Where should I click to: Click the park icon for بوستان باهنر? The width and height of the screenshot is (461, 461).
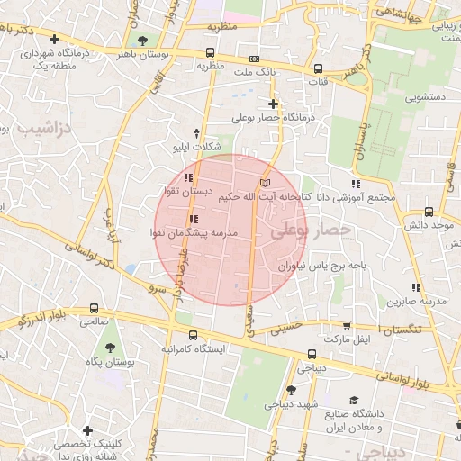[143, 40]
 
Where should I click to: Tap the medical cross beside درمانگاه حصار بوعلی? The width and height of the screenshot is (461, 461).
[273, 104]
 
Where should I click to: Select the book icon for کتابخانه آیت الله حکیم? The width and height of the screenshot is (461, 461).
[264, 183]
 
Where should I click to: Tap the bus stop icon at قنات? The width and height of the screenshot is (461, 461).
[318, 68]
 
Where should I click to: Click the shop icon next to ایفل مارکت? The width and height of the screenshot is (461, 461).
[348, 326]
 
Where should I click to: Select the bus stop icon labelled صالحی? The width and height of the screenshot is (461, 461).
[95, 308]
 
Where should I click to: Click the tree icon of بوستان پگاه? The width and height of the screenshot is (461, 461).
[110, 347]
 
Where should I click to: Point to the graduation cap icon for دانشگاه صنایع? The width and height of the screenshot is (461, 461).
[354, 399]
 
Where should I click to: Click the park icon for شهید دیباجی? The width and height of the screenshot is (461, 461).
[291, 390]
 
